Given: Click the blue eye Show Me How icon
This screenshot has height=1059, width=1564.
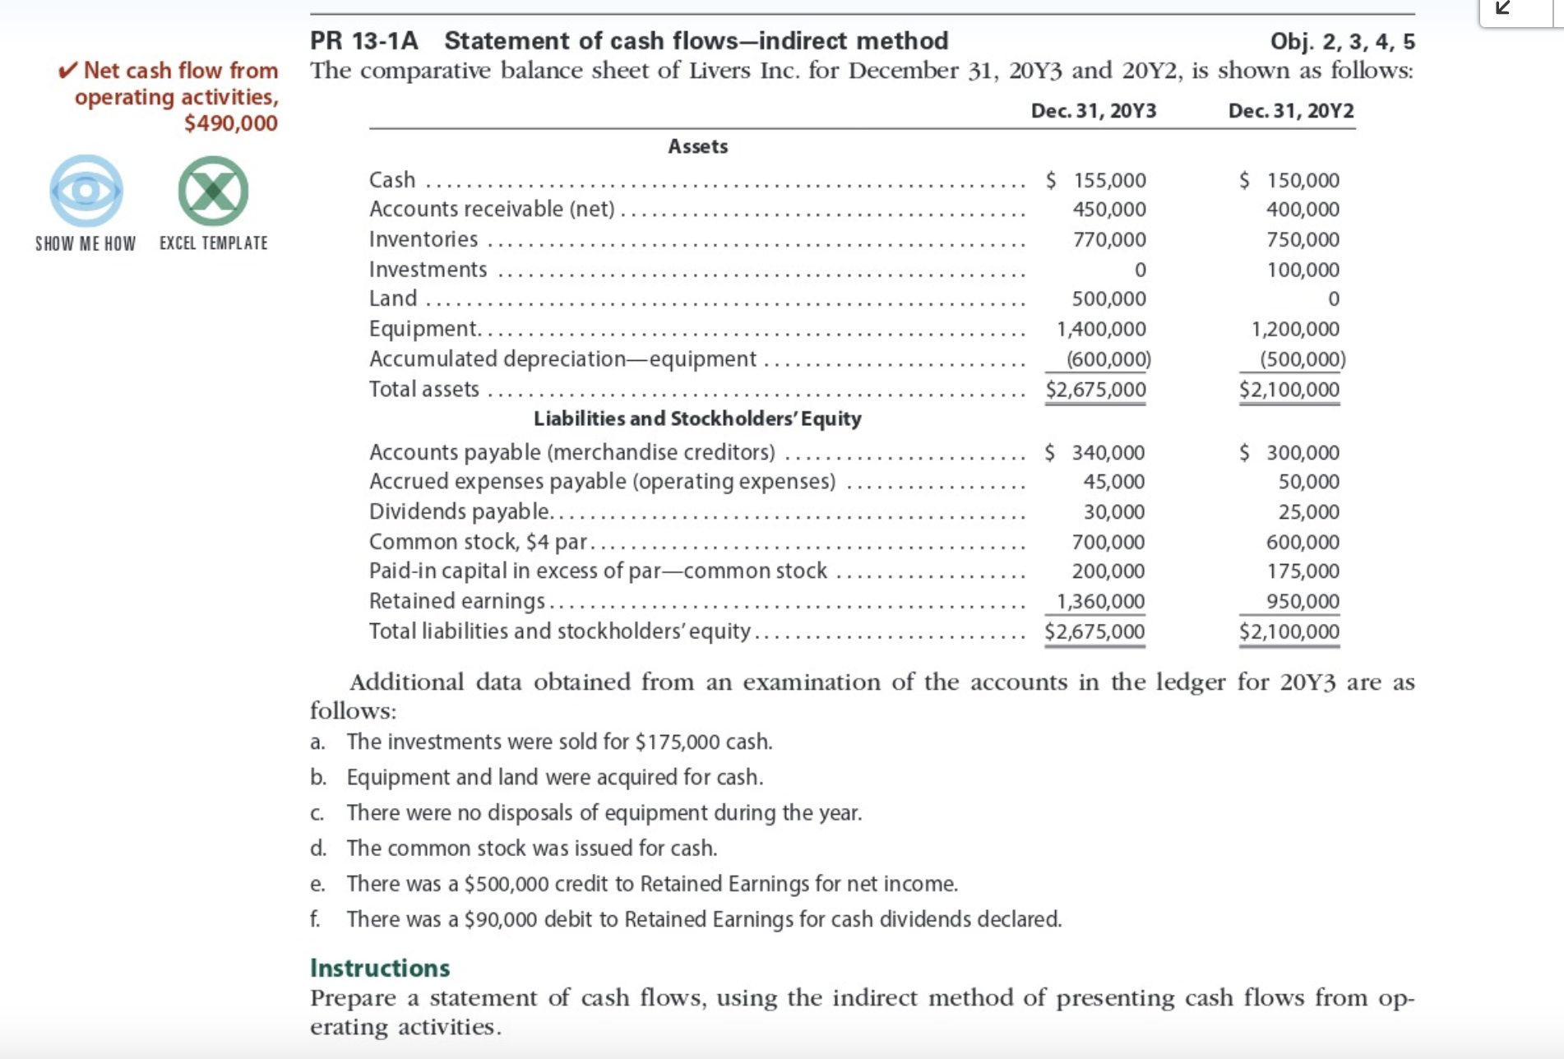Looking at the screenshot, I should point(86,191).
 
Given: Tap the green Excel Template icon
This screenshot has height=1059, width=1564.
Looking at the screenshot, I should point(213,191).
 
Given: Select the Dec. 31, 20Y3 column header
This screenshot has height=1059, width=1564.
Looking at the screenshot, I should point(1093,111).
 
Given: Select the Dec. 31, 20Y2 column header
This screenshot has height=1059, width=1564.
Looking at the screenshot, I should point(1290,111).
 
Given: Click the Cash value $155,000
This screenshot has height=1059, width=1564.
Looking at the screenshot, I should point(1098,180).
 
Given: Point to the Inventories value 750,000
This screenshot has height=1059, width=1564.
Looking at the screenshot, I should point(1303,239).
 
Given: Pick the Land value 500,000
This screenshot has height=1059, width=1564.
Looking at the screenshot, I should point(1108,298).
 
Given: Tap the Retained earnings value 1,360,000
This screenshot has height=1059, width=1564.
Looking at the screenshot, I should point(1100,601).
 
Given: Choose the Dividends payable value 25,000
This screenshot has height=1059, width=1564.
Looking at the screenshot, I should point(1308,511).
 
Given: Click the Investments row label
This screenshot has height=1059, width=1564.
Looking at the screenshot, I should point(428,269).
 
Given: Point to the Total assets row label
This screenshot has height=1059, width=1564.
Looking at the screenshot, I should point(423,389).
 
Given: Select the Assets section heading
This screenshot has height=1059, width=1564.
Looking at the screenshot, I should point(697,146).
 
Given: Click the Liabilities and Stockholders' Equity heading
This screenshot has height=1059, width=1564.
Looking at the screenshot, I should point(697,419).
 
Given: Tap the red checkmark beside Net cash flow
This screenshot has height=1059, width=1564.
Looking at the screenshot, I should point(68,71).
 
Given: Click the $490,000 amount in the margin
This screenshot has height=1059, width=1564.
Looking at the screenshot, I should point(230,123).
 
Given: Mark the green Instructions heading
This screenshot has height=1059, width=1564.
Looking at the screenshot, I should point(380,968).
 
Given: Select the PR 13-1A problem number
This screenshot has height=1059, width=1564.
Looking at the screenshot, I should point(364,40).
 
